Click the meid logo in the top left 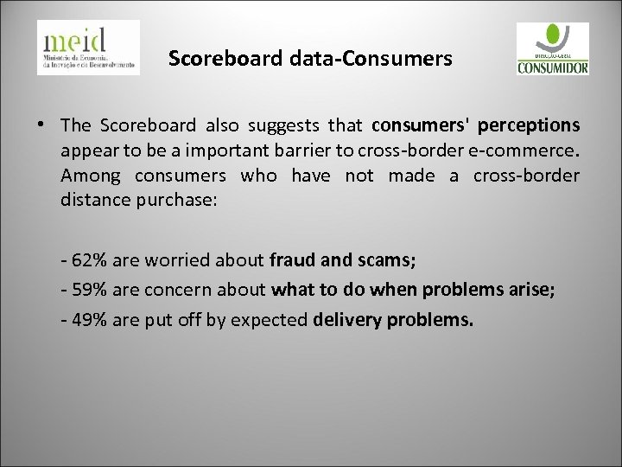click(89, 47)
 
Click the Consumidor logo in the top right click(552, 49)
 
